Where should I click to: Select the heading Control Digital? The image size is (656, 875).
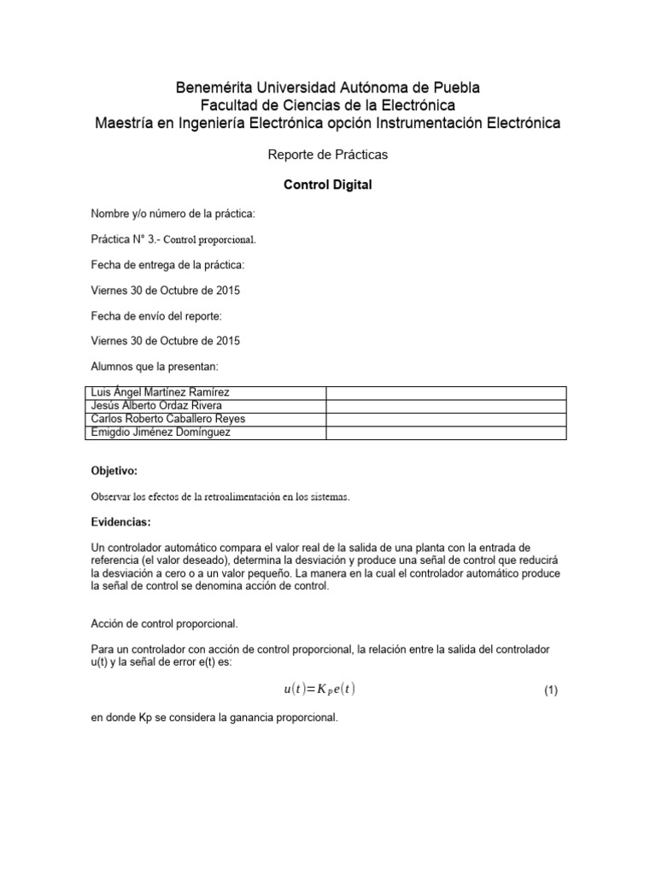(x=327, y=185)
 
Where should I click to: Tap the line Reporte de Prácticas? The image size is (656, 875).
(x=327, y=155)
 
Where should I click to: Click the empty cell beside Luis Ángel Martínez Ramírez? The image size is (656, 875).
(x=445, y=392)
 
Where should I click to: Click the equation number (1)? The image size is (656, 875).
(x=550, y=691)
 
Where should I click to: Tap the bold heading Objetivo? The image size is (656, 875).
(x=114, y=471)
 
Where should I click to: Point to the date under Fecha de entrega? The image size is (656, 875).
(x=165, y=290)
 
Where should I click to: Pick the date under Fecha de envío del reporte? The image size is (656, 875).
(x=165, y=341)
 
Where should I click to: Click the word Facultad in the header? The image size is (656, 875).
(x=231, y=105)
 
